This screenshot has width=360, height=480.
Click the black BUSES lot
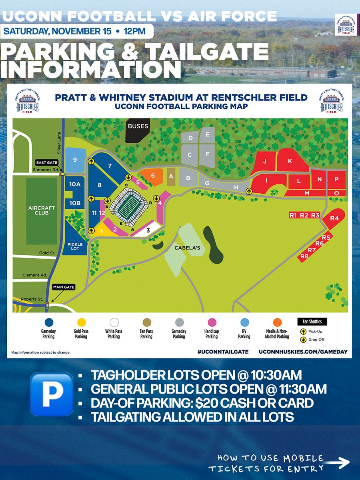[x=138, y=130]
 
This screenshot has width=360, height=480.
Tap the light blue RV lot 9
[x=75, y=160]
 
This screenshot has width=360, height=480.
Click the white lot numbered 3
[x=148, y=230]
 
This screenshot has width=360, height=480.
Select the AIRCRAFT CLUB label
[x=42, y=210]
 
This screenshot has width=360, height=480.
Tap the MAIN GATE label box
[x=63, y=287]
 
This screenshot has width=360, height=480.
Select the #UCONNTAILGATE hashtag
[x=223, y=351]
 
